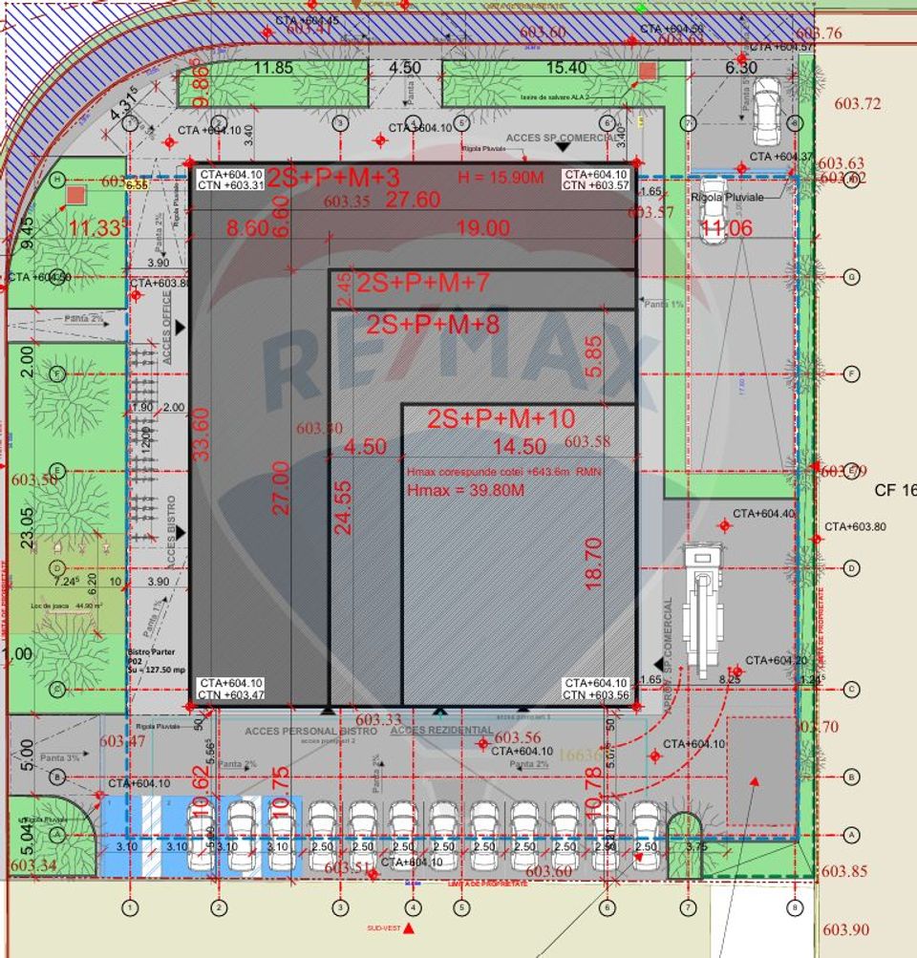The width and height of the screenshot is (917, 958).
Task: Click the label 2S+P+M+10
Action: pyautogui.click(x=501, y=418)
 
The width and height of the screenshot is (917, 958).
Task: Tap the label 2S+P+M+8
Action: pyautogui.click(x=433, y=324)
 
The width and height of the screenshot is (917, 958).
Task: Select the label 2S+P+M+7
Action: pyautogui.click(x=423, y=283)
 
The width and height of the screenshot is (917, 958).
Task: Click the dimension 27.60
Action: pyautogui.click(x=413, y=199)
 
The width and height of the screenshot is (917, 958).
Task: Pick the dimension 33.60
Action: pyautogui.click(x=201, y=435)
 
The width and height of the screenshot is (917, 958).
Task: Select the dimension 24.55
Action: pyautogui.click(x=343, y=519)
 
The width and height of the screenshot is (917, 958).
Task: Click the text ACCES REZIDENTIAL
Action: pyautogui.click(x=441, y=731)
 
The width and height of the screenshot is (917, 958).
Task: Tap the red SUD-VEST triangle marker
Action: pyautogui.click(x=409, y=927)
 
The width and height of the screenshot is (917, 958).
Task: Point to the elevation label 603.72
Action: pyautogui.click(x=857, y=103)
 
